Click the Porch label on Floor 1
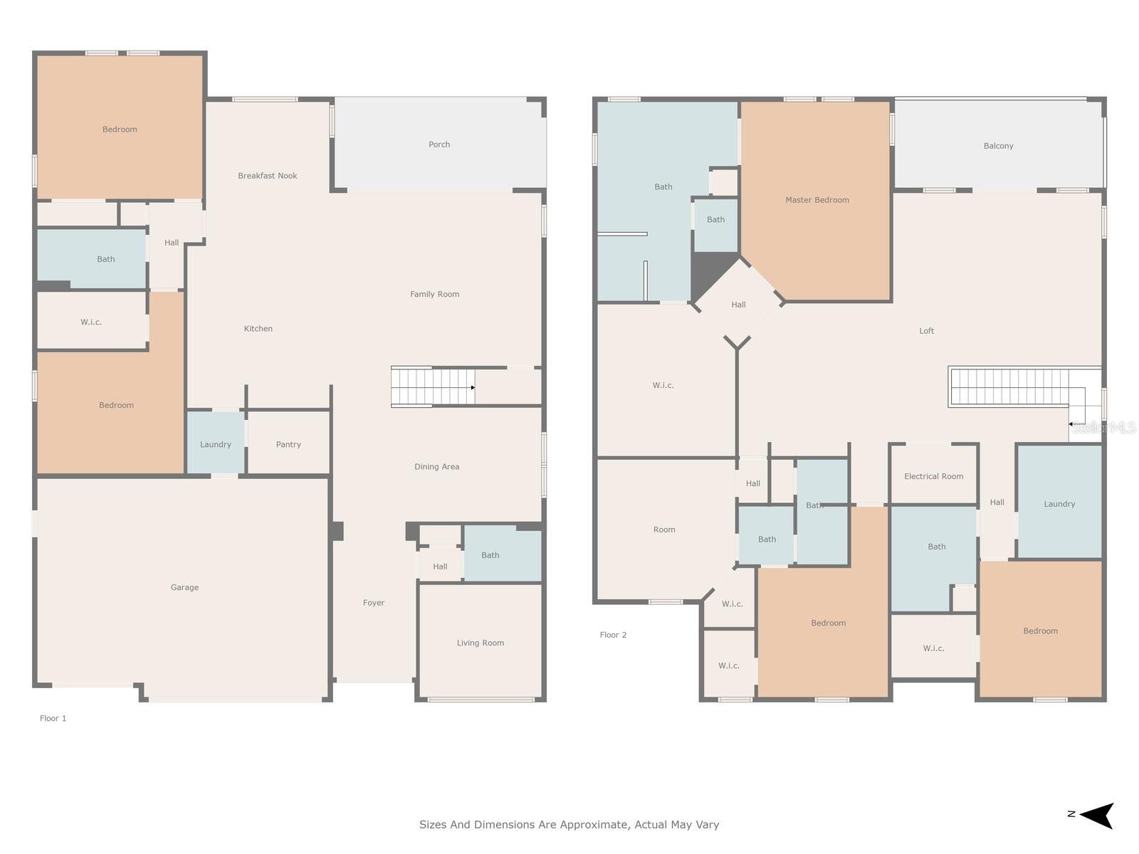(439, 144)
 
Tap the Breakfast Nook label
(267, 176)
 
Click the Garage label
(184, 588)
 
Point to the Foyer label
(374, 603)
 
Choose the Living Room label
(481, 643)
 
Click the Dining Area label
(437, 467)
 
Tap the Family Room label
(435, 295)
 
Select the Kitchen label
(258, 329)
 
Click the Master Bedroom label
(817, 200)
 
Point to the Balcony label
(998, 146)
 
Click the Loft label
(927, 331)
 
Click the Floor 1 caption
(53, 718)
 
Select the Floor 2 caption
(614, 635)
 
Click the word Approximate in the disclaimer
(591, 824)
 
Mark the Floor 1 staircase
(433, 387)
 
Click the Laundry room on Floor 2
(1059, 502)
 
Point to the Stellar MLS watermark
(1103, 428)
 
